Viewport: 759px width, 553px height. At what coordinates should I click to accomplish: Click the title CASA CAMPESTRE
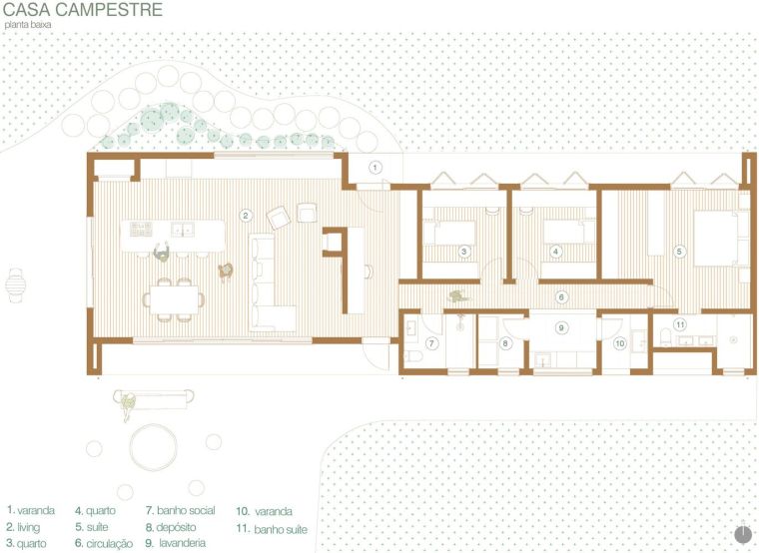(x=83, y=10)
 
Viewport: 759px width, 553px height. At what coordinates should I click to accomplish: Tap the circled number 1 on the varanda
(x=375, y=168)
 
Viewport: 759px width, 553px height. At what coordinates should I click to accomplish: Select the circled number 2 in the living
(x=246, y=216)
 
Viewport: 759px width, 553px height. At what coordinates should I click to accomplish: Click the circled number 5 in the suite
(x=679, y=252)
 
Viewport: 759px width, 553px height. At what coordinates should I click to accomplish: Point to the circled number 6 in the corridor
(x=561, y=296)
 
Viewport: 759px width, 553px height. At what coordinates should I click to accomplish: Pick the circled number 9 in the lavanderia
(x=561, y=327)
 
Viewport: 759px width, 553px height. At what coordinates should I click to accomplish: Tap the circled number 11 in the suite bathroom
(x=680, y=324)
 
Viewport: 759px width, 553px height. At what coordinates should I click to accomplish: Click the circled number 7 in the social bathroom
(x=431, y=343)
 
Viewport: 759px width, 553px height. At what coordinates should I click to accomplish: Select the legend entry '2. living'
(x=23, y=527)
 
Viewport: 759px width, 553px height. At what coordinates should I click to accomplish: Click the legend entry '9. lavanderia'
(x=176, y=543)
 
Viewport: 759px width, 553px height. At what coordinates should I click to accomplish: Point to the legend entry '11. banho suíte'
(x=272, y=529)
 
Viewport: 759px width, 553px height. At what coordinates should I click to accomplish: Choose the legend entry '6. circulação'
(x=104, y=543)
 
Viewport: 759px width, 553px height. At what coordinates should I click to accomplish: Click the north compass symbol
(x=743, y=534)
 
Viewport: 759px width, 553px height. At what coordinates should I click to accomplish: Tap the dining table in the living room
(x=174, y=300)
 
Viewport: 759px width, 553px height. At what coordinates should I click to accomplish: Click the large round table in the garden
(x=154, y=447)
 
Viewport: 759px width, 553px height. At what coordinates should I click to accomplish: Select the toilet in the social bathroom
(x=413, y=356)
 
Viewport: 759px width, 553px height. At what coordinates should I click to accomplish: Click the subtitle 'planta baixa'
(x=28, y=25)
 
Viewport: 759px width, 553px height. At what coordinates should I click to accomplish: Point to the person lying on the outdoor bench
(x=128, y=405)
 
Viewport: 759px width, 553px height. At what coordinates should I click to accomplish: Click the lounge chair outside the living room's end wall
(x=16, y=285)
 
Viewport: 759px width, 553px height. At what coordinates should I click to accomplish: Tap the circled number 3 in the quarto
(x=463, y=252)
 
